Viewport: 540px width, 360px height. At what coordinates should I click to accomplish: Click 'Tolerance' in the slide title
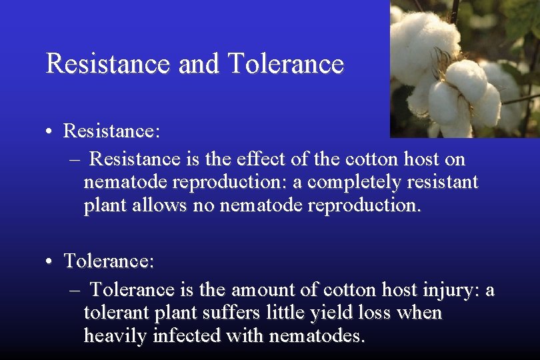pos(285,64)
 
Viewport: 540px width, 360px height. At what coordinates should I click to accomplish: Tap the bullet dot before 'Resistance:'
pos(51,131)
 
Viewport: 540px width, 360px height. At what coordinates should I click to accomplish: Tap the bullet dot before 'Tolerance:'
pos(51,261)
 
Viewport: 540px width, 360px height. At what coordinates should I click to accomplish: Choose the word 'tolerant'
pos(115,313)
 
